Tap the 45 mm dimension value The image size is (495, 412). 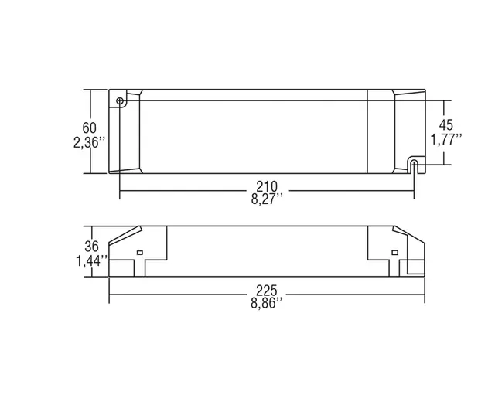coord(446,124)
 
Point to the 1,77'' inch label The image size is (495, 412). coord(446,139)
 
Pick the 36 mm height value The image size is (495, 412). coord(91,247)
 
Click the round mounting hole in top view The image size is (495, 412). coord(120,100)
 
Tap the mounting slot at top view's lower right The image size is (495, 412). coord(413,166)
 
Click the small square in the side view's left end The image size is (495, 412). coord(140,253)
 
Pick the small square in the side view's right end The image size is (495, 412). coord(394,253)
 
